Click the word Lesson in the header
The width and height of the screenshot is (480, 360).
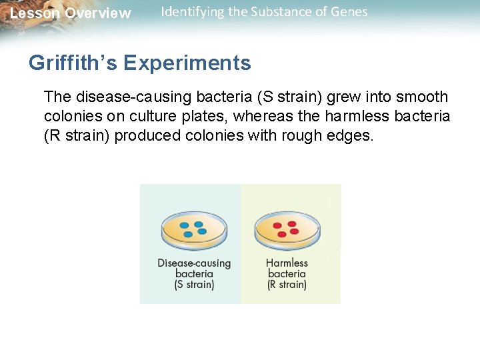(x=34, y=13)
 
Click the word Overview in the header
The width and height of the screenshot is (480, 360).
(x=97, y=13)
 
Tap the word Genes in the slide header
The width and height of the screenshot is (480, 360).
(x=349, y=12)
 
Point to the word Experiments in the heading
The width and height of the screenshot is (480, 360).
(x=187, y=63)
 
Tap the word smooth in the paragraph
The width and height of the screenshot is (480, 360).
(x=421, y=97)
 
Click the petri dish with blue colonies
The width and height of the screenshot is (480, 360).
(x=193, y=230)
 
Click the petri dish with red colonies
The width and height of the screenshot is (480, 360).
(x=287, y=230)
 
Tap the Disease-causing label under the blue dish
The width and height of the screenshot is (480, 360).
(x=194, y=263)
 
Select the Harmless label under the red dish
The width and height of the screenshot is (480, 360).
(x=287, y=263)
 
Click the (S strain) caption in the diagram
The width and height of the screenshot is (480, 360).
(x=194, y=285)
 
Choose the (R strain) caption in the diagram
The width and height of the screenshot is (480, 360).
(x=287, y=285)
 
